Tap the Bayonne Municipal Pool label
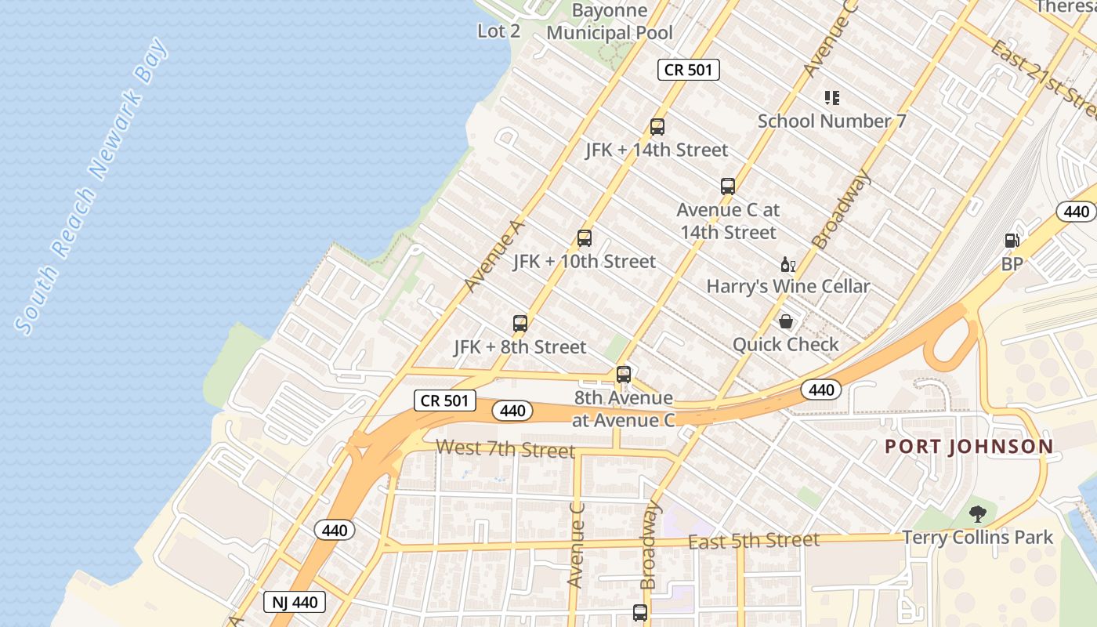tap(610, 22)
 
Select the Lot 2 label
tap(498, 31)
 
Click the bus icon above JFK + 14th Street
tap(657, 127)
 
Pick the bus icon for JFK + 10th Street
tap(584, 238)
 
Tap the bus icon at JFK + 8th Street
tap(520, 323)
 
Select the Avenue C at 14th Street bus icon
tap(727, 187)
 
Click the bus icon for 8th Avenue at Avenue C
tap(623, 375)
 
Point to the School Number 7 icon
tap(831, 98)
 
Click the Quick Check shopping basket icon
tap(785, 321)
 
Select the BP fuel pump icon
tap(1012, 241)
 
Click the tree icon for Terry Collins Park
tap(977, 514)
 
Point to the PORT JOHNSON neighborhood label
tap(968, 447)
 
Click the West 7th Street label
tap(505, 449)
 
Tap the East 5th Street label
tap(753, 540)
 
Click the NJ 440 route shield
tap(295, 602)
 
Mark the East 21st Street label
tap(1045, 77)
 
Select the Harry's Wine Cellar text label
tap(787, 286)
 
